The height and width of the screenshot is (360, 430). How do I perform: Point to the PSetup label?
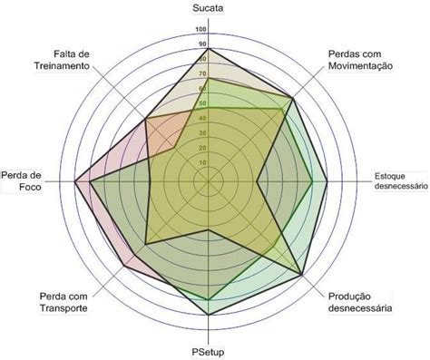click(x=209, y=350)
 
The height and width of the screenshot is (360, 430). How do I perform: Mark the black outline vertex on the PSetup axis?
click(x=209, y=314)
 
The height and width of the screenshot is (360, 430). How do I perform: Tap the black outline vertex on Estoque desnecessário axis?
click(x=328, y=182)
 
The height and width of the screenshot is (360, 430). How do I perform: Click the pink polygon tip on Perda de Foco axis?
click(x=75, y=182)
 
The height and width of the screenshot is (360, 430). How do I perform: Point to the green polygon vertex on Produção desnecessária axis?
click(x=303, y=274)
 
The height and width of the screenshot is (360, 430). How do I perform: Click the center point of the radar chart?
click(x=209, y=182)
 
